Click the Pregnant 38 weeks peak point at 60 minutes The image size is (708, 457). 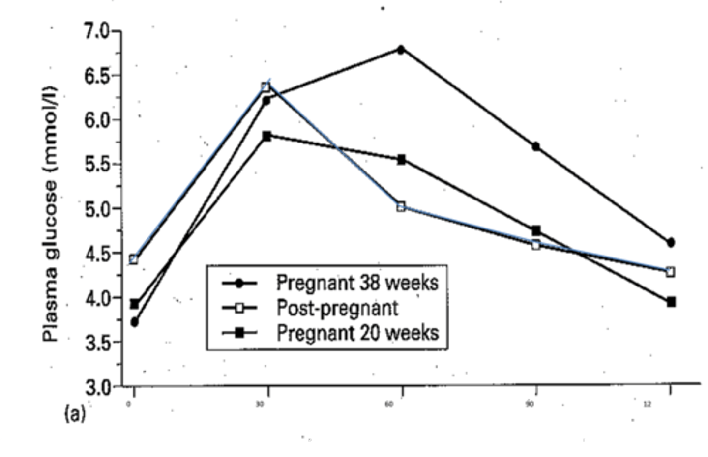coord(401,50)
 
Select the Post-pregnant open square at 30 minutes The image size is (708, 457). coord(266,87)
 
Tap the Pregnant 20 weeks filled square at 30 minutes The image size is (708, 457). coord(266,136)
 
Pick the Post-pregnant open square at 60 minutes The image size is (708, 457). coord(401,207)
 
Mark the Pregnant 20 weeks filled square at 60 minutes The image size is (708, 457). coord(401,160)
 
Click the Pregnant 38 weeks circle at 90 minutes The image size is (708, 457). coord(536,146)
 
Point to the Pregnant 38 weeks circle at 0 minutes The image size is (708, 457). coord(134,322)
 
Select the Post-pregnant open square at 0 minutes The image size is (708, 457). coord(134,259)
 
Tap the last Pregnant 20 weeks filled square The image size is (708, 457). coord(671,302)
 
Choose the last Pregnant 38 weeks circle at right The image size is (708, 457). coord(671,242)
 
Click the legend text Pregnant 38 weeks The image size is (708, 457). coord(357,283)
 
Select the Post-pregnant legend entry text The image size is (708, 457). coord(337,308)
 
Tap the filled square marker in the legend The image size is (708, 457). coord(239,333)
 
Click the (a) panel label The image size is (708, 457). coord(75,414)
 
